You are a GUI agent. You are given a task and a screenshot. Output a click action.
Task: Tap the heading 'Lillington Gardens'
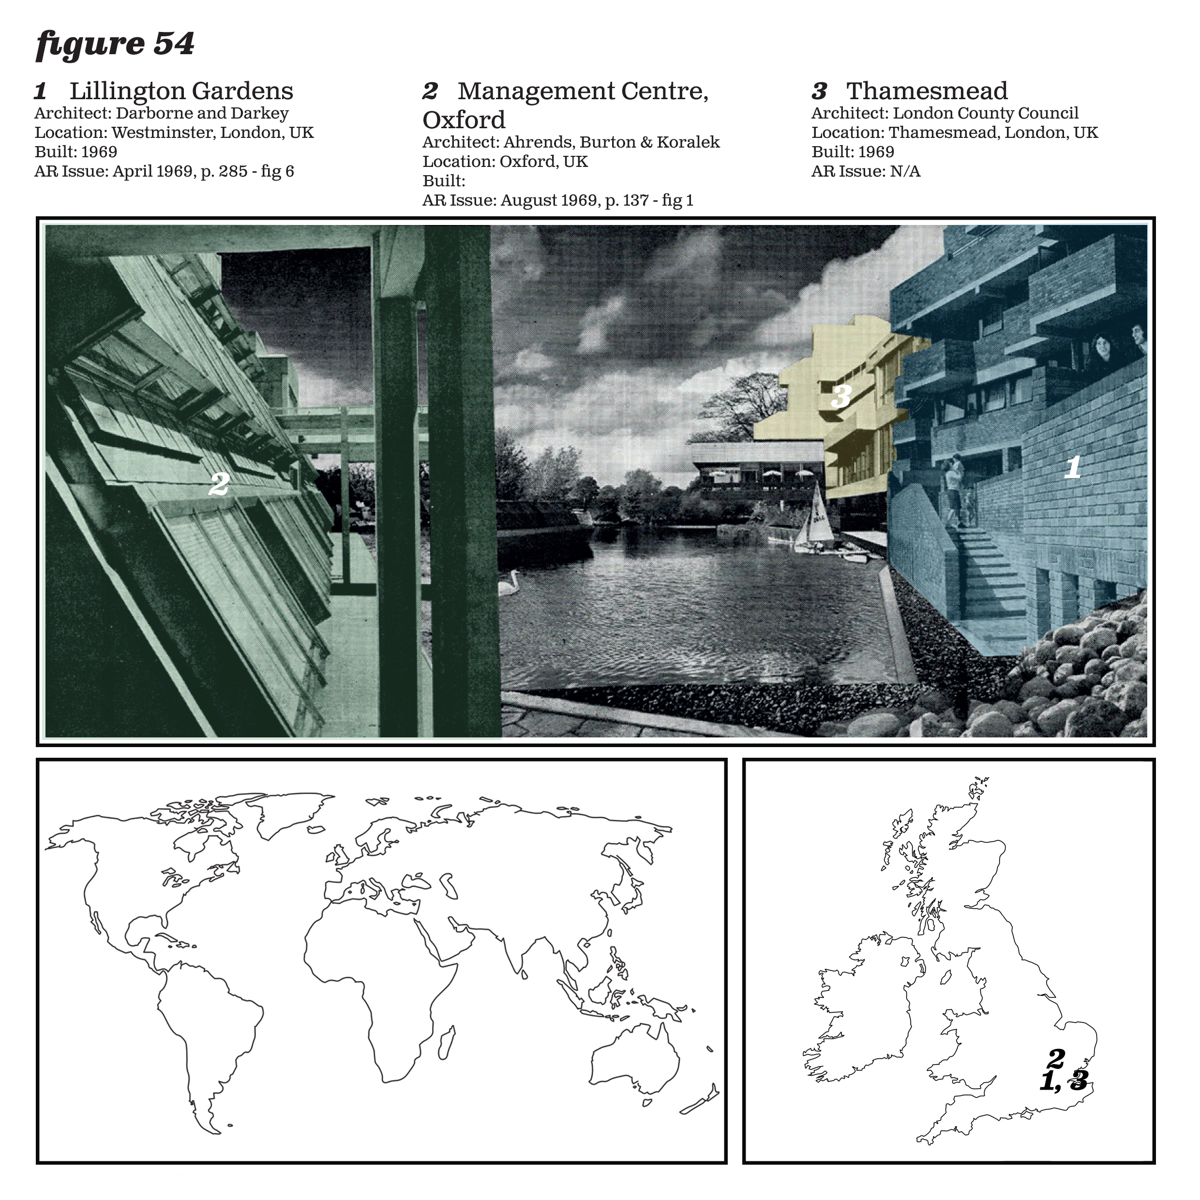181,91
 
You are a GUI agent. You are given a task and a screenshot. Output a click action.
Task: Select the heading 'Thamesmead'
927,91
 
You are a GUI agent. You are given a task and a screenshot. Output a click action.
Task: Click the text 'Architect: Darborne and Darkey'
162,114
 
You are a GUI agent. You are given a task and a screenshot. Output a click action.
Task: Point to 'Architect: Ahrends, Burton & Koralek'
571,142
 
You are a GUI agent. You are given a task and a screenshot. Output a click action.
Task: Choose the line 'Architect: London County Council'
945,114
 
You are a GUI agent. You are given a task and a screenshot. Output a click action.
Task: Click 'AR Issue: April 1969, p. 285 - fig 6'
165,171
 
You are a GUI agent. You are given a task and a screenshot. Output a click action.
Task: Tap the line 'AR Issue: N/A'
866,171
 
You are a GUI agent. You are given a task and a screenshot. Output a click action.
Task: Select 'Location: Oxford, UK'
505,162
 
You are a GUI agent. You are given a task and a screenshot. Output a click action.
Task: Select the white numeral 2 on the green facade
219,483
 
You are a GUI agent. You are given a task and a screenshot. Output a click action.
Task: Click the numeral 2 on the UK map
1056,1056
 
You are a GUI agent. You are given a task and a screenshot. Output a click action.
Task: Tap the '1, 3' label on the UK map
1064,1081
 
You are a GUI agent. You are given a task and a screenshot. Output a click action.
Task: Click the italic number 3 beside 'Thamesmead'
819,91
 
